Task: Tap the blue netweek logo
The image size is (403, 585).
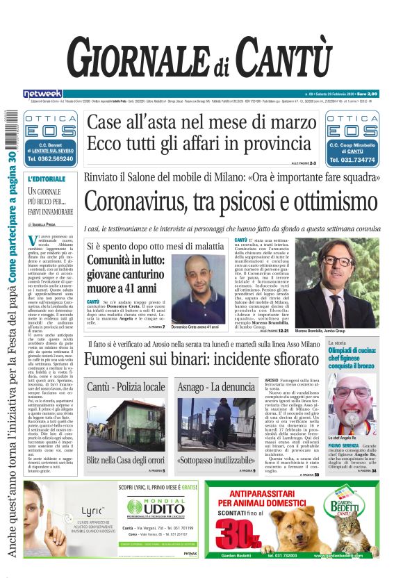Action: tap(42, 93)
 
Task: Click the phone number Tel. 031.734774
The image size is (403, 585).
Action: tap(353, 159)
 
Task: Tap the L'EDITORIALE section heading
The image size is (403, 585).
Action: tap(47, 179)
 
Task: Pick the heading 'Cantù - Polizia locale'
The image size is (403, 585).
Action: tap(126, 386)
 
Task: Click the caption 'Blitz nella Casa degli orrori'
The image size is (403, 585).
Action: tap(126, 460)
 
